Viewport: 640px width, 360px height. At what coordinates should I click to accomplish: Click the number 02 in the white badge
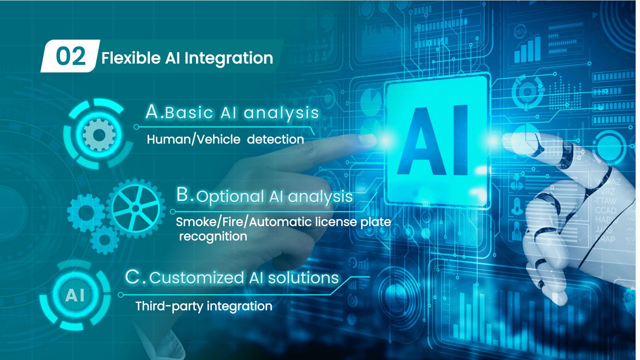pos(71,56)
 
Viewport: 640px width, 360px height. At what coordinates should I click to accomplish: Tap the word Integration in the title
pos(228,59)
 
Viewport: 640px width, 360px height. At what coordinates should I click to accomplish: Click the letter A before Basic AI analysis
pos(152,112)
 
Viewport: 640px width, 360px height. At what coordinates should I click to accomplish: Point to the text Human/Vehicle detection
pos(226,140)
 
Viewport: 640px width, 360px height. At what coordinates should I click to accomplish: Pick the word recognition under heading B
pos(213,237)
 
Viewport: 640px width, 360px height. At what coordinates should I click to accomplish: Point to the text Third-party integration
pos(204,306)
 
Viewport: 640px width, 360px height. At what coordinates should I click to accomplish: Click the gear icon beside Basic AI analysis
pos(99,135)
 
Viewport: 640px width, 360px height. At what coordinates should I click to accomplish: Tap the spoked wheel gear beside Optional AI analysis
pos(136,208)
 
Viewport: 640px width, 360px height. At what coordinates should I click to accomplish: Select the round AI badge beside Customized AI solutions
pos(75,295)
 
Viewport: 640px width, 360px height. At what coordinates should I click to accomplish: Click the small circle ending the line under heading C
pos(120,294)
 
